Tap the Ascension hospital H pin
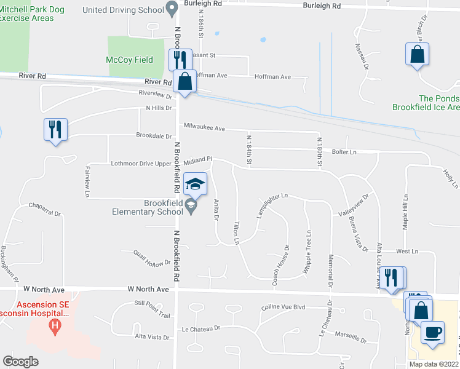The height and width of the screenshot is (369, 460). [x=56, y=325]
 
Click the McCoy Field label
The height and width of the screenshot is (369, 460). [x=130, y=60]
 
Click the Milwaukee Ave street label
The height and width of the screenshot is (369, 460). [x=205, y=129]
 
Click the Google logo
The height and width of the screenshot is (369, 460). [x=20, y=362]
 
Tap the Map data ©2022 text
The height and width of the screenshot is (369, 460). [x=433, y=364]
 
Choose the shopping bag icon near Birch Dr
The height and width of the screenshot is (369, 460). [x=418, y=54]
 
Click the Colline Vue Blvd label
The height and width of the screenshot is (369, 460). [x=283, y=307]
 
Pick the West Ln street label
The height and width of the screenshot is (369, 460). [x=407, y=252]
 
